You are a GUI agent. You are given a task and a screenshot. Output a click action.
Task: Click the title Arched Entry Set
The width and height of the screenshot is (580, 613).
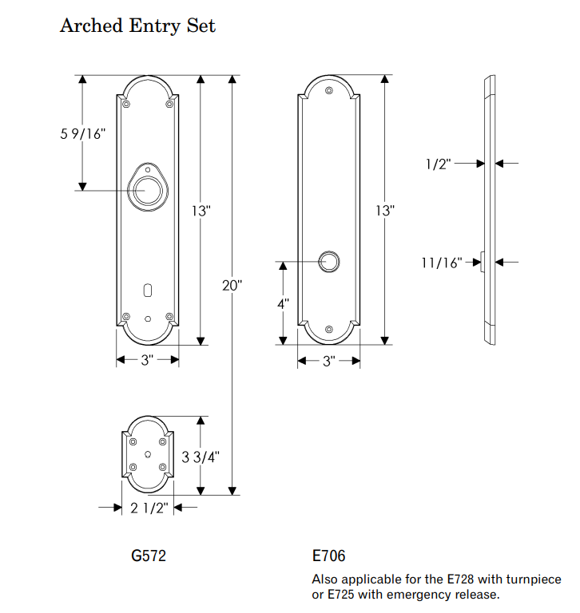[x=137, y=26]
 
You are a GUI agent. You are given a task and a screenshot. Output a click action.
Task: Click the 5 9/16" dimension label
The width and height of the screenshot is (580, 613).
[x=82, y=134]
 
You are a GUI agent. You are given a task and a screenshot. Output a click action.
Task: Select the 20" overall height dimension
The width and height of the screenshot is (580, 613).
[x=232, y=285]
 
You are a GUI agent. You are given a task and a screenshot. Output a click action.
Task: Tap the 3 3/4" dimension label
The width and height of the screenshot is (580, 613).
[x=201, y=457]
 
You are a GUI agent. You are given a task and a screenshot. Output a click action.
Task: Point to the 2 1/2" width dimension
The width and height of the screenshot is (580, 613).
[x=148, y=508]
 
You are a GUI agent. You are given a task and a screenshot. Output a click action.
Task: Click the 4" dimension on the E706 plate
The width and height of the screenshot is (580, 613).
[x=283, y=305]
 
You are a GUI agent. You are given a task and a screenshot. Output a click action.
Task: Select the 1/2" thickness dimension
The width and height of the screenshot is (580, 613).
[x=439, y=164]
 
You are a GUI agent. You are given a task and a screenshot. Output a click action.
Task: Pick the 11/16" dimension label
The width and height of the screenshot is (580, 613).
[x=442, y=262]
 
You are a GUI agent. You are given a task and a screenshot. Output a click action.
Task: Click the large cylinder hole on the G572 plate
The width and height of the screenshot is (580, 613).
[x=147, y=192]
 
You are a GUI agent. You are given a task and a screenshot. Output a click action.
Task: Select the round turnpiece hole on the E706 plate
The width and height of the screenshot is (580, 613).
[x=329, y=261]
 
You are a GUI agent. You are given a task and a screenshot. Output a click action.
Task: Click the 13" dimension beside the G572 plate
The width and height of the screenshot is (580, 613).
[x=201, y=212]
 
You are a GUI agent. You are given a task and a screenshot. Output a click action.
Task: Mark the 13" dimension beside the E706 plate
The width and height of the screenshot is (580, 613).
[x=385, y=212]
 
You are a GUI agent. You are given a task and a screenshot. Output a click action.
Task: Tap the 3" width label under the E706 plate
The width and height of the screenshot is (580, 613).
[x=328, y=362]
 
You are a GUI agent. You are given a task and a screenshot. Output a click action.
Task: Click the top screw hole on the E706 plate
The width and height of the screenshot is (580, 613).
[x=329, y=91]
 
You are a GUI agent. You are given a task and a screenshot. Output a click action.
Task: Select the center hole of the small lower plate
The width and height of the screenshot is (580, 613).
[x=147, y=454]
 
